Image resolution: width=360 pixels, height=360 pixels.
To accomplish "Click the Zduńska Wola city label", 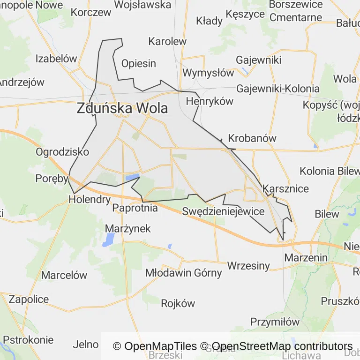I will pyautogui.click(x=122, y=108).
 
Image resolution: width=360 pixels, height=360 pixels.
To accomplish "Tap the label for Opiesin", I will pyautogui.click(x=138, y=63).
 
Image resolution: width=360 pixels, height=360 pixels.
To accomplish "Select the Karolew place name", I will pyautogui.click(x=167, y=41).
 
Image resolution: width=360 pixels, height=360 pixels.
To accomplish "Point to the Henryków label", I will pyautogui.click(x=210, y=101).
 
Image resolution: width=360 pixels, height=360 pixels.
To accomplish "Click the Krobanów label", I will pyautogui.click(x=252, y=138).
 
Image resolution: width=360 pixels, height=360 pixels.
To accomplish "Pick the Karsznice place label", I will pyautogui.click(x=286, y=189).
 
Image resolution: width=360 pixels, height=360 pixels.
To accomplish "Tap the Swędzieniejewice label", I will pyautogui.click(x=224, y=211).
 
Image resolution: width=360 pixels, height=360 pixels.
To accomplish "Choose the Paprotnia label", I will pyautogui.click(x=135, y=208).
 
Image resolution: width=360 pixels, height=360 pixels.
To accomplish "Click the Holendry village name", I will pyautogui.click(x=90, y=199).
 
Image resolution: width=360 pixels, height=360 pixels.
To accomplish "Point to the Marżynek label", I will pyautogui.click(x=128, y=228).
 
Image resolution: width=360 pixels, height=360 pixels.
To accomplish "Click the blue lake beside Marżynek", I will pyautogui.click(x=109, y=240).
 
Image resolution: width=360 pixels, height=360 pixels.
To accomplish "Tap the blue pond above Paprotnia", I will pyautogui.click(x=132, y=178).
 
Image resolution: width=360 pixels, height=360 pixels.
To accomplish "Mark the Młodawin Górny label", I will pyautogui.click(x=183, y=273).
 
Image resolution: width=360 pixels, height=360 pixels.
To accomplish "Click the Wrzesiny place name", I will pyautogui.click(x=248, y=266).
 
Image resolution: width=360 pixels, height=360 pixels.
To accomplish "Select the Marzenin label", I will pyautogui.click(x=306, y=257).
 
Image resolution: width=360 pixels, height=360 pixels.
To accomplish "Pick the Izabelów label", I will pyautogui.click(x=56, y=59).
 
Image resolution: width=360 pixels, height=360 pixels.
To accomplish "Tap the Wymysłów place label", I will pyautogui.click(x=208, y=73).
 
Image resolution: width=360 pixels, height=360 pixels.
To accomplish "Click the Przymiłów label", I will pyautogui.click(x=275, y=322).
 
